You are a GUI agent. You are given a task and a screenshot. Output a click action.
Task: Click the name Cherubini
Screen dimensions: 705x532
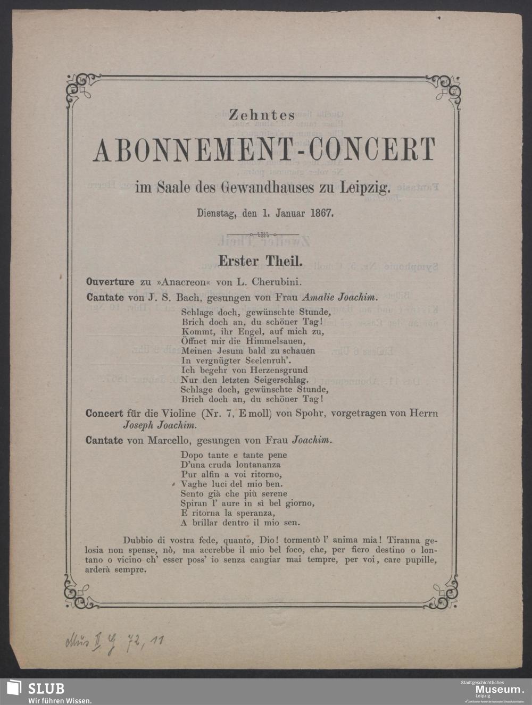280,282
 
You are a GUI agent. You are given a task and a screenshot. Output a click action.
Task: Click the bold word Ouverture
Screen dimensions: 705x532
110,282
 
